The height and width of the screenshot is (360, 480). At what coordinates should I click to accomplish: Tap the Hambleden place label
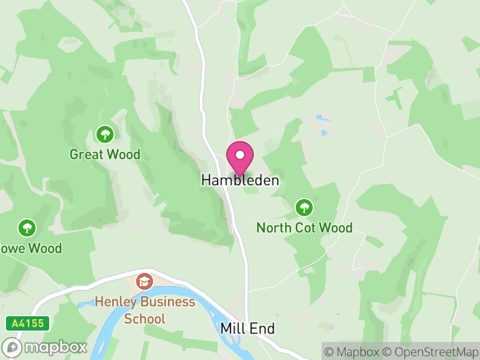(240, 180)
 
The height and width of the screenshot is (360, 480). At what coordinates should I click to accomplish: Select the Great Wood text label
(105, 154)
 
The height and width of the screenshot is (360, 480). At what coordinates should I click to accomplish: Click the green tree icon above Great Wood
(105, 133)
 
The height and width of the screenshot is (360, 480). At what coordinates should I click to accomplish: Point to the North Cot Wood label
(304, 228)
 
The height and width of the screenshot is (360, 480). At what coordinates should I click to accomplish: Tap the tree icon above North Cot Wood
(304, 208)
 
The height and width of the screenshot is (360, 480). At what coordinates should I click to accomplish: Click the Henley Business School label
(145, 310)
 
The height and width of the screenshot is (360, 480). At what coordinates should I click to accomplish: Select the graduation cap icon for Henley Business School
(144, 281)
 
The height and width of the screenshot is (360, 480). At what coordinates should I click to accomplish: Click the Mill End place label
(247, 329)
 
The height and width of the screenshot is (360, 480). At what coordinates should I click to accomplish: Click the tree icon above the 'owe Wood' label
(26, 227)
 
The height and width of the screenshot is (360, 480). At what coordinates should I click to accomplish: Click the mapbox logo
(45, 347)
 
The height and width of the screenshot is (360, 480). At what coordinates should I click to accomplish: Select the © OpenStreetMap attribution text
(430, 352)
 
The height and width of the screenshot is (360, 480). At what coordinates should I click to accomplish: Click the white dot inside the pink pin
(240, 154)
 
